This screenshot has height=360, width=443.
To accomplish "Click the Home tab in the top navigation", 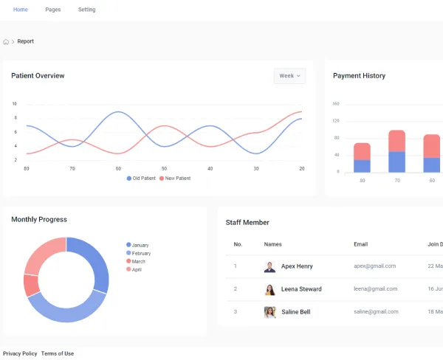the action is click(x=21, y=10).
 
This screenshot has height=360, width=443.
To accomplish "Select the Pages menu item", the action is click(x=53, y=10).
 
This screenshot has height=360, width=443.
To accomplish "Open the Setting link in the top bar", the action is click(x=86, y=10).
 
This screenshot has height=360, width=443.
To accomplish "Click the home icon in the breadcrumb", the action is click(x=6, y=42).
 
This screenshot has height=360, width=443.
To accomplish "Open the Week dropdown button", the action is click(x=289, y=76).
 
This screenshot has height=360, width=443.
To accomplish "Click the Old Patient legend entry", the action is click(x=141, y=179).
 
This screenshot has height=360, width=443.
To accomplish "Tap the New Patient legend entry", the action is click(x=175, y=179).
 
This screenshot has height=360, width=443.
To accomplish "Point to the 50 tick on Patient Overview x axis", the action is click(x=164, y=168).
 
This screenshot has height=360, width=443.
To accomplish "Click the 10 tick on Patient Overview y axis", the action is click(x=15, y=103).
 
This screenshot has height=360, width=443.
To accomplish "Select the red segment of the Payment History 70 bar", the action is click(x=397, y=141).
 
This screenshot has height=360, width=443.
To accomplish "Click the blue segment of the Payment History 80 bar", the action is click(x=362, y=166).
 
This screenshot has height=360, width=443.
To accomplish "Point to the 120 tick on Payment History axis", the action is click(x=336, y=121).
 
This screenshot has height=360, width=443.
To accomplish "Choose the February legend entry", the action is click(x=139, y=253).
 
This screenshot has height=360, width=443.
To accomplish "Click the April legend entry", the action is click(x=134, y=269).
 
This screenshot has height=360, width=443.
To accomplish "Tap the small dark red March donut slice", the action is click(x=31, y=285).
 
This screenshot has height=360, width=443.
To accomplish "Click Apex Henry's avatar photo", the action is click(x=269, y=266).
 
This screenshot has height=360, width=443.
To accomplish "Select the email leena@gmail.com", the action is click(x=376, y=289).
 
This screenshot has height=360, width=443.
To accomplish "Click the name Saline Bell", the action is click(x=296, y=312).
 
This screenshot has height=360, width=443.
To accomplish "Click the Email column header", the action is click(x=361, y=244).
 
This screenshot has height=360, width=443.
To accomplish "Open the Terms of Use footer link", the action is click(x=58, y=353).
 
